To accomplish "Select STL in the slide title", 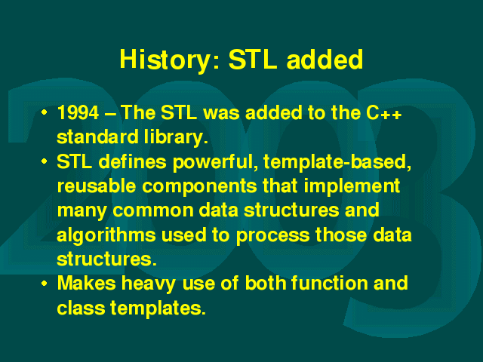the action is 253,59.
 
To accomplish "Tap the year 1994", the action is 78,112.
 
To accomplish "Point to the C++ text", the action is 384,112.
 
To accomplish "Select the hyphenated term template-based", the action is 337,162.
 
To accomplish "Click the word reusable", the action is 97,186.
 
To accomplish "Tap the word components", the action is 199,187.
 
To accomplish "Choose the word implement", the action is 352,186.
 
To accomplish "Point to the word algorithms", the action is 106,236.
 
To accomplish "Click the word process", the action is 273,236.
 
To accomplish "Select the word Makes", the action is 87,284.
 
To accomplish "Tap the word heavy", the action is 149,284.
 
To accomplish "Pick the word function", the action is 330,284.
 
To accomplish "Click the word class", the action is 81,308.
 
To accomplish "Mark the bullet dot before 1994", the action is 45,112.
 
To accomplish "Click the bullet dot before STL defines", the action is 45,161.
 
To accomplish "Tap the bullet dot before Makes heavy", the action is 45,283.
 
